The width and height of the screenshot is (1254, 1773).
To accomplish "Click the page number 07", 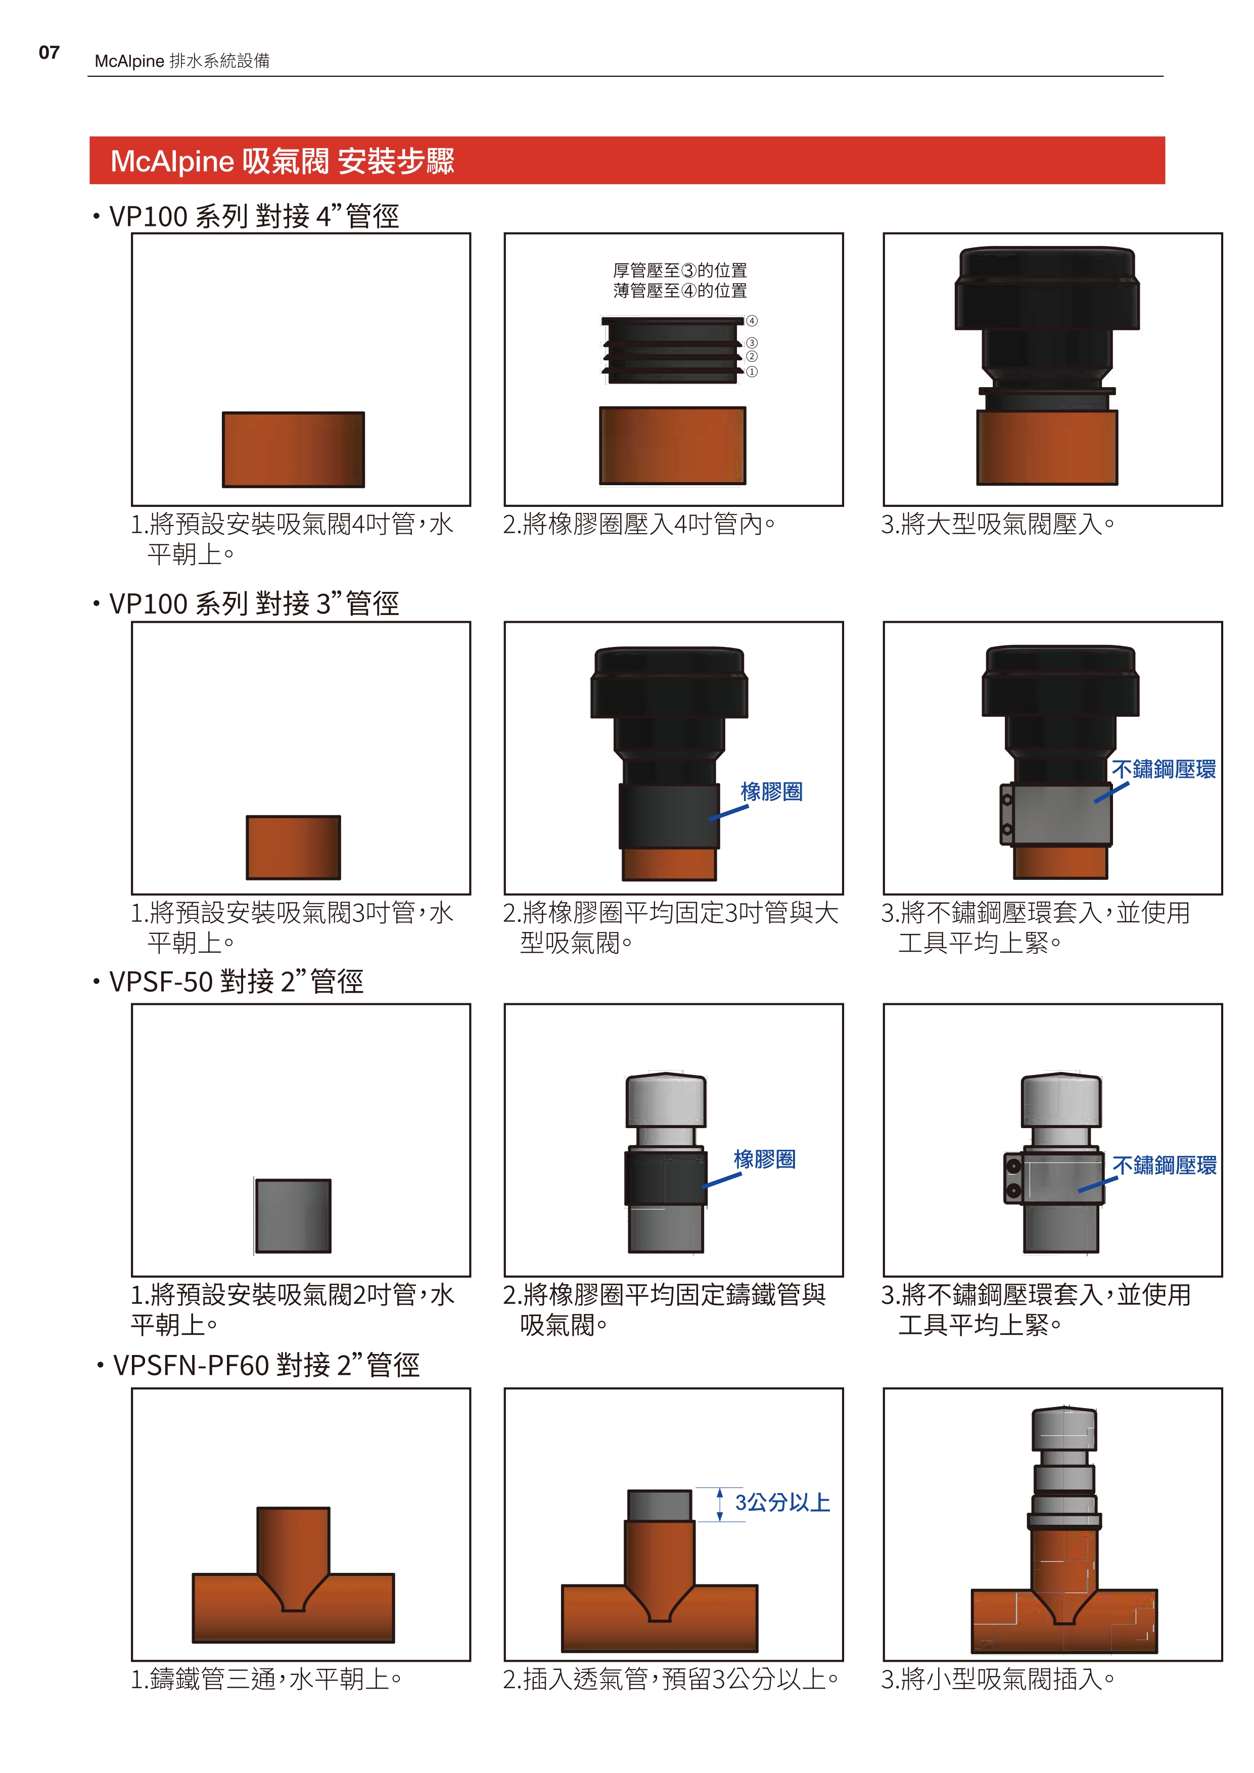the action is click(x=50, y=53).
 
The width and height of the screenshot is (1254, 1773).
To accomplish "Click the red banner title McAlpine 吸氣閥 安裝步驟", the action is click(x=282, y=161).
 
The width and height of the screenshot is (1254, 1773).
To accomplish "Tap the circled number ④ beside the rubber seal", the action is click(x=752, y=320).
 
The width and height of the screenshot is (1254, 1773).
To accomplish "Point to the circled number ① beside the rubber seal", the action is click(x=752, y=371).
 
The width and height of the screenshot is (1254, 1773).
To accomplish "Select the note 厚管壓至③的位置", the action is click(x=680, y=270).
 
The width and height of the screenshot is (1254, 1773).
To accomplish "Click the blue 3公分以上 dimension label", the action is click(x=782, y=1502).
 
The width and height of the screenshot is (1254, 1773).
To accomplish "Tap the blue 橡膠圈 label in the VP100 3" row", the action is click(x=771, y=791).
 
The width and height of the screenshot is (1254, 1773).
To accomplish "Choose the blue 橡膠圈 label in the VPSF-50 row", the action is click(x=764, y=1159).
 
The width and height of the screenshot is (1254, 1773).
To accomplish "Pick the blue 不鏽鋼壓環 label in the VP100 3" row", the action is click(x=1164, y=769).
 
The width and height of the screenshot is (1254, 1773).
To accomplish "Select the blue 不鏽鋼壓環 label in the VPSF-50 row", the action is click(x=1165, y=1165).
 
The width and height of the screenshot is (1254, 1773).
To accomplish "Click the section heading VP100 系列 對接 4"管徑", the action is click(x=254, y=216).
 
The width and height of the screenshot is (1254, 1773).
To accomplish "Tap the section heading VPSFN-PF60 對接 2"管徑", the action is click(x=266, y=1365).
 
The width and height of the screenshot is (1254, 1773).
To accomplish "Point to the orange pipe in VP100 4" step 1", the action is click(x=294, y=449).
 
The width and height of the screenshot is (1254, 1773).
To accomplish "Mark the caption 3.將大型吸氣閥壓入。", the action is click(x=998, y=524).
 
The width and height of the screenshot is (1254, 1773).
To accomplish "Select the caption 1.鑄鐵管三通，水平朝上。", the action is click(x=266, y=1679).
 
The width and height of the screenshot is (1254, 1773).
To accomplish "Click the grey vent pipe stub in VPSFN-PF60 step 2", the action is click(x=660, y=1505).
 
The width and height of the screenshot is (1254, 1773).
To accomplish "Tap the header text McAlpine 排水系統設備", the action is click(x=182, y=61).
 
